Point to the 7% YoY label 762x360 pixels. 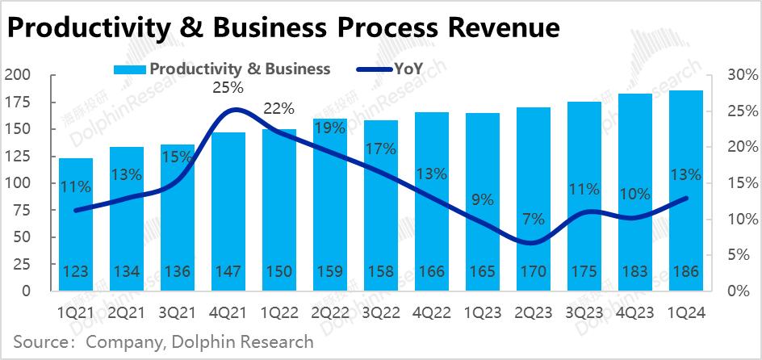[534, 218]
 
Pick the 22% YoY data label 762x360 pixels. [279, 109]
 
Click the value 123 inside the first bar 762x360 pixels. [76, 270]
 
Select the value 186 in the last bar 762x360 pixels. [686, 270]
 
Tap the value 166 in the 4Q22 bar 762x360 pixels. [432, 270]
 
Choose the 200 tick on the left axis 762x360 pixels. [17, 75]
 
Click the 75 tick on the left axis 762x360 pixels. [22, 209]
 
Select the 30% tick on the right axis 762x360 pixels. [739, 75]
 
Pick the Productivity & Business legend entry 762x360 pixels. [240, 69]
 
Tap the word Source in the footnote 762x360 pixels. [39, 342]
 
